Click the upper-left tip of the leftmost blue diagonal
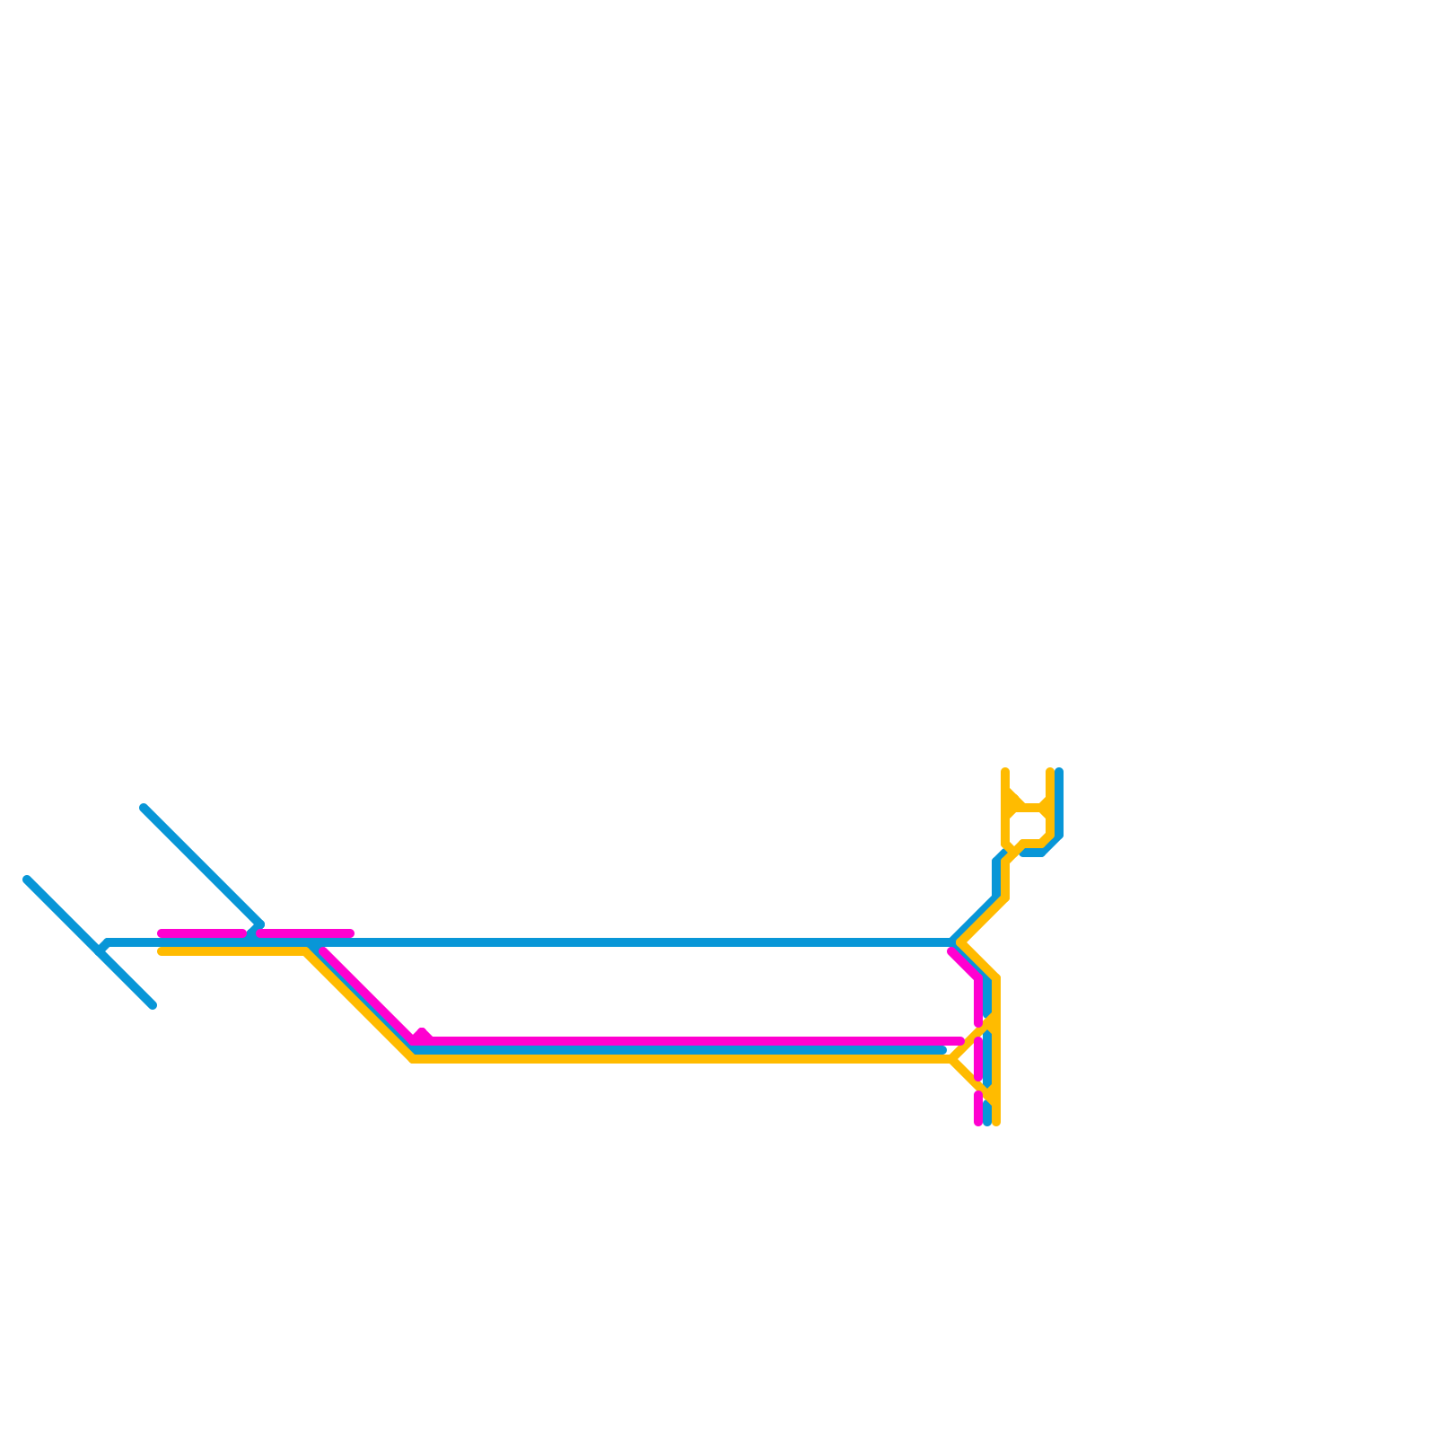point(28,880)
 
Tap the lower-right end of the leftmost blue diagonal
point(153,1005)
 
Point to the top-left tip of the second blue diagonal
point(144,808)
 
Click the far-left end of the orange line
point(162,951)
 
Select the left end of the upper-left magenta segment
point(162,933)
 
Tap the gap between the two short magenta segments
point(252,933)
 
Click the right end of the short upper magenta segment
point(350,933)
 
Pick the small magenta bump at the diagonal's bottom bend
point(422,1034)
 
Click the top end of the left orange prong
point(1005,772)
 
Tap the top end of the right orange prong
point(1050,772)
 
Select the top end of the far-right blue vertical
point(1059,772)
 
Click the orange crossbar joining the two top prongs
point(1029,808)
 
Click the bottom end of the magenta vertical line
point(978,1121)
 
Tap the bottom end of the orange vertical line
point(996,1121)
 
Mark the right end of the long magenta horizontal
point(960,1041)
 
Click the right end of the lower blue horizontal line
point(942,1050)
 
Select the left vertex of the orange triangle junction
point(952,1059)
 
